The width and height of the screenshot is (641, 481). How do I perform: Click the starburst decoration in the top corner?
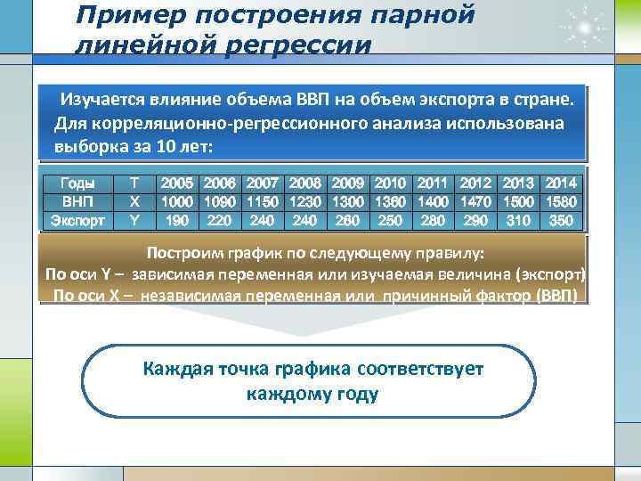pos(585,26)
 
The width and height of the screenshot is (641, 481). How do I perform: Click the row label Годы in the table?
pos(78,183)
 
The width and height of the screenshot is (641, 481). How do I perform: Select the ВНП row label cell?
pos(78,200)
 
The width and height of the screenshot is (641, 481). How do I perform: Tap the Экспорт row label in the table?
pos(78,218)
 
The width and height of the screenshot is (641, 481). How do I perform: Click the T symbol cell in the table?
pos(134,183)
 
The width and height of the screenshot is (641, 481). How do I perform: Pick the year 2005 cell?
pos(177,183)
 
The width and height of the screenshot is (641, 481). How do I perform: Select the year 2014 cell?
pos(561,183)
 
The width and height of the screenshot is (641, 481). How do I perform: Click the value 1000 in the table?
pos(177,200)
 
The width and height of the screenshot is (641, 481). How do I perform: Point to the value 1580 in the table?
pos(561,200)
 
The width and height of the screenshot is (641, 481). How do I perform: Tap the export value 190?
pos(177,218)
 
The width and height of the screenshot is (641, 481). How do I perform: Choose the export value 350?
pos(561,218)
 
